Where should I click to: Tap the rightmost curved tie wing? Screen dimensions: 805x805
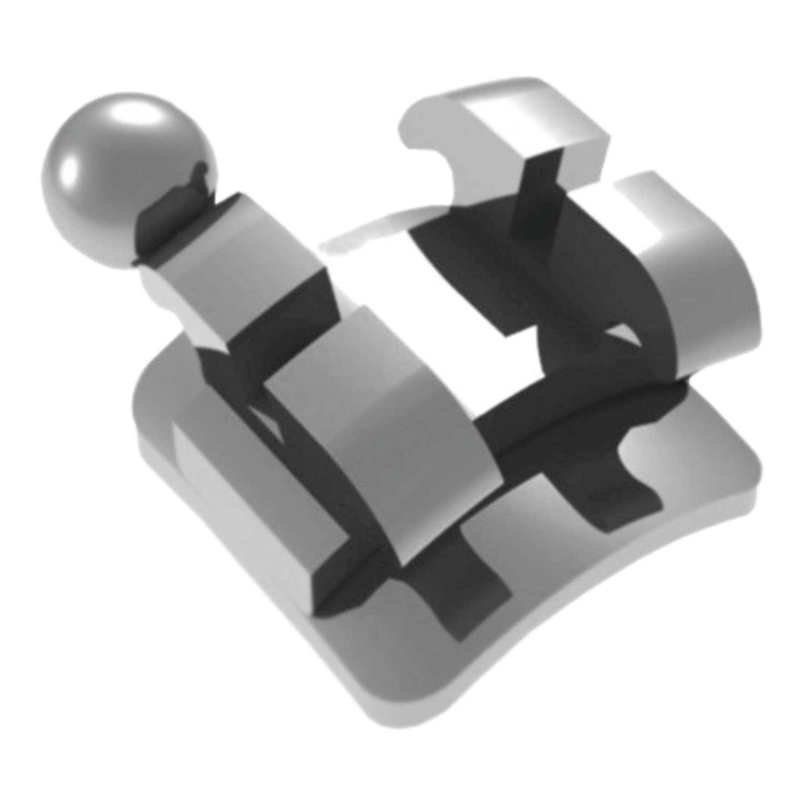[699, 282]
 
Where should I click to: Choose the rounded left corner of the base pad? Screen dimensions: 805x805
[151, 382]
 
